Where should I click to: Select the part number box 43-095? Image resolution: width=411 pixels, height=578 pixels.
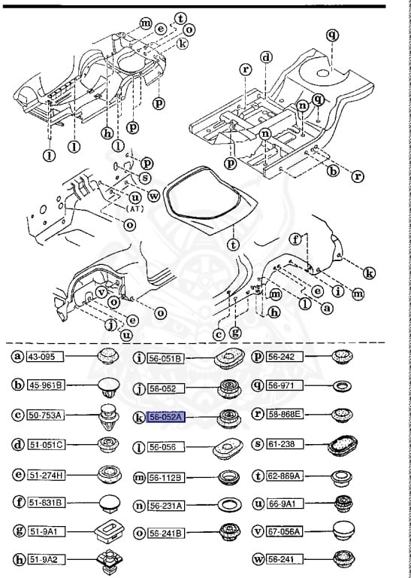point(46,356)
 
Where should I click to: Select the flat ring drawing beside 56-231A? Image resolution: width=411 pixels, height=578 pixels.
point(227,503)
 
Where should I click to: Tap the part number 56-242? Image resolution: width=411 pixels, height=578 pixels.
point(283,356)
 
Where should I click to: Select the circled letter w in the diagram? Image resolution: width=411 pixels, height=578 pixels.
point(153,196)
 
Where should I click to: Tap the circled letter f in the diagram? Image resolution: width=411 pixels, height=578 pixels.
point(295,240)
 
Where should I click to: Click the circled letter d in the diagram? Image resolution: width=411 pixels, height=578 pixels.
point(266,57)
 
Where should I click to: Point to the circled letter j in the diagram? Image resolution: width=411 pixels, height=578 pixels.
point(110,325)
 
